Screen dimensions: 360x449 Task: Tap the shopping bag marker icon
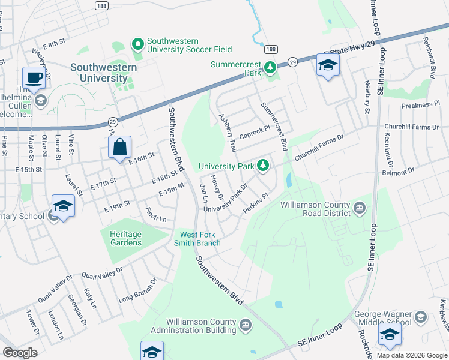(x=120, y=146)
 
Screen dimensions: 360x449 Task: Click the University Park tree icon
(x=262, y=164)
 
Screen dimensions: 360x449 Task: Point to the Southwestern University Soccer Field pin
(x=138, y=44)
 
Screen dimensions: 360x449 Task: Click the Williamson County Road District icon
(x=359, y=208)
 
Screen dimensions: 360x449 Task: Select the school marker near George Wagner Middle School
(x=390, y=335)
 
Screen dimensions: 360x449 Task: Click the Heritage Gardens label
(x=126, y=238)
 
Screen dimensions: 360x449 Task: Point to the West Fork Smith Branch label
(x=197, y=238)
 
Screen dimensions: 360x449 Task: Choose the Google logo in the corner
(x=20, y=353)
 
